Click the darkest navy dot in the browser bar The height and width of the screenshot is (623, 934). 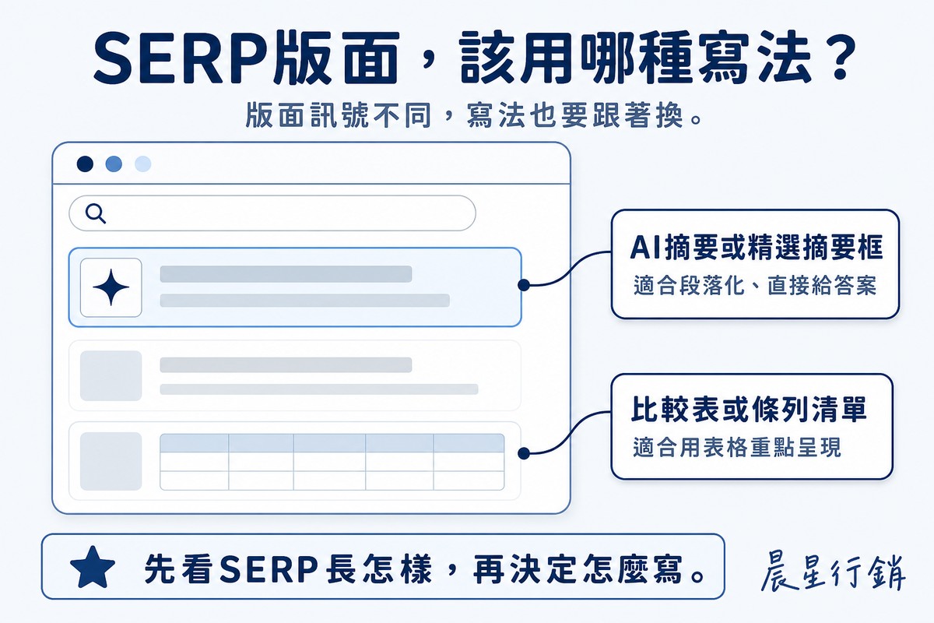(x=85, y=164)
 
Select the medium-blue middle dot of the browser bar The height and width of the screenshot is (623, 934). (x=114, y=164)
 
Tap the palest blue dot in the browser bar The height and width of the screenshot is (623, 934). (x=142, y=164)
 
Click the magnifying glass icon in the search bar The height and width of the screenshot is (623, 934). (x=96, y=213)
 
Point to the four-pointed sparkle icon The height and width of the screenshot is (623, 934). (x=111, y=287)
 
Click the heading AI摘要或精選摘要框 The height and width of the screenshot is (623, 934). (x=756, y=247)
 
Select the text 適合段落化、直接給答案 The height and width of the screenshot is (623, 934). (x=755, y=286)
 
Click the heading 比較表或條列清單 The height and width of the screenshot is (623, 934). (x=749, y=410)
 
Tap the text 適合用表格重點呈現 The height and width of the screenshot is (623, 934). (x=737, y=447)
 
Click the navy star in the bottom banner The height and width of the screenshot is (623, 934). (x=93, y=568)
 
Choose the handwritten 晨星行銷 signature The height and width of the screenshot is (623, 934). (x=833, y=570)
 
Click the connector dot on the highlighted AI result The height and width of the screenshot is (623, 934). (x=524, y=285)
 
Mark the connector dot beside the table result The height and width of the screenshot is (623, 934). (x=524, y=453)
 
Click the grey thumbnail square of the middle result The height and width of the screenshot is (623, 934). (x=111, y=375)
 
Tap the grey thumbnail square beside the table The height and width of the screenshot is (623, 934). (x=111, y=461)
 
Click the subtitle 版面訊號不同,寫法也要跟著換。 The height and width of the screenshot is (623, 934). (x=474, y=114)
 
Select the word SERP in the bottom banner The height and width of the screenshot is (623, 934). (x=269, y=568)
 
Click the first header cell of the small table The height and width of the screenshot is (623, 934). (x=195, y=443)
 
